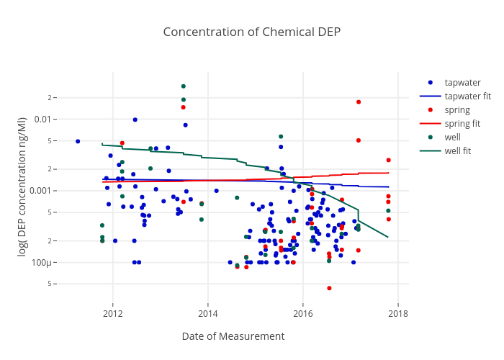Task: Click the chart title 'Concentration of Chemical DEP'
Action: (x=251, y=32)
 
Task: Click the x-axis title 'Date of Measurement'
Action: (x=233, y=336)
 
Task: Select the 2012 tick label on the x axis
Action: (x=113, y=313)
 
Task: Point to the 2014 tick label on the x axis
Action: (x=208, y=313)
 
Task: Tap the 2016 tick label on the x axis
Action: (x=303, y=313)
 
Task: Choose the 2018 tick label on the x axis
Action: (x=397, y=313)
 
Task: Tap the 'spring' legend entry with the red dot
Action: (x=457, y=110)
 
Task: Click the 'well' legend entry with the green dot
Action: (x=453, y=138)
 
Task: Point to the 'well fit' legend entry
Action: (x=458, y=151)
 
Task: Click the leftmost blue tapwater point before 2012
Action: (x=78, y=141)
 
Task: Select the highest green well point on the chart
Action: (x=183, y=86)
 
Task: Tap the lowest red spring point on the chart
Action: (x=329, y=288)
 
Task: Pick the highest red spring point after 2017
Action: (x=359, y=102)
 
